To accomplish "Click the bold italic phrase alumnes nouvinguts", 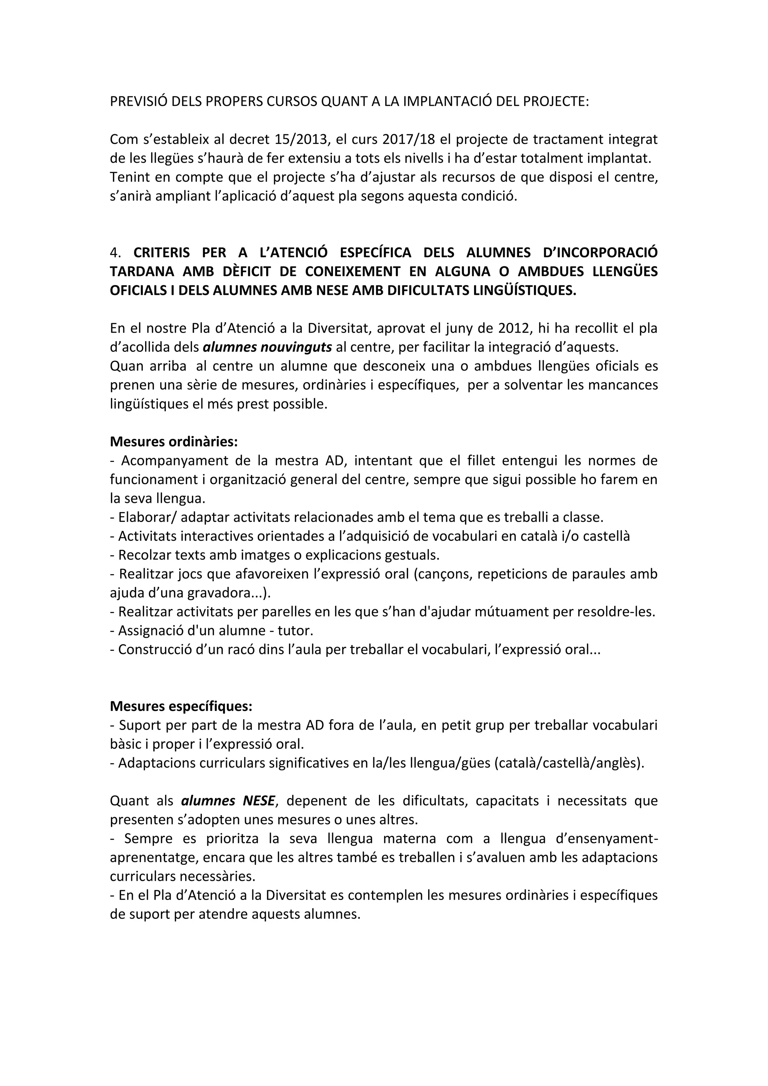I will tap(267, 347).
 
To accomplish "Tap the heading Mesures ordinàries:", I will tap(174, 442).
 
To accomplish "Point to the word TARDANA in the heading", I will tap(141, 271).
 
